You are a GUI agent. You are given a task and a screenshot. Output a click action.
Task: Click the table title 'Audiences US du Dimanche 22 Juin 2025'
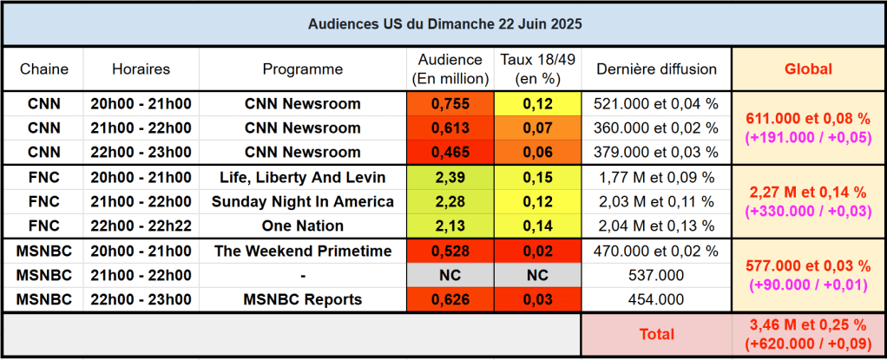[x=444, y=24]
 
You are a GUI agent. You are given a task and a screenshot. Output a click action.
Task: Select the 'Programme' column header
[x=303, y=69]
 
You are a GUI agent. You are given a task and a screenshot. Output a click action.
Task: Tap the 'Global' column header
[x=807, y=69]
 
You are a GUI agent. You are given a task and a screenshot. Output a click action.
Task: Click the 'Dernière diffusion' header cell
[x=655, y=69]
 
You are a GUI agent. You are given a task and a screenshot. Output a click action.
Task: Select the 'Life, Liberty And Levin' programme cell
[x=303, y=177]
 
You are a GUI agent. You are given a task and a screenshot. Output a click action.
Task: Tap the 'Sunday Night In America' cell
[x=303, y=202]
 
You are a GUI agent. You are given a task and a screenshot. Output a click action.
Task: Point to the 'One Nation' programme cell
[x=303, y=226]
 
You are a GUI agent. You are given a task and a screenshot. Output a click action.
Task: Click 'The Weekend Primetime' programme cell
[x=303, y=252]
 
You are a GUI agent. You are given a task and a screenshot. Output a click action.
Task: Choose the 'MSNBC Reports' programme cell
[x=303, y=300]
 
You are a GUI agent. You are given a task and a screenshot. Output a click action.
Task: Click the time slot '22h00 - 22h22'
[x=141, y=226]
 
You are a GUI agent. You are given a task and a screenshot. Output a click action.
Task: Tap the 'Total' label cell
[x=656, y=333]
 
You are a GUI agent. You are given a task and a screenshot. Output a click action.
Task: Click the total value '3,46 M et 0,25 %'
[x=807, y=325]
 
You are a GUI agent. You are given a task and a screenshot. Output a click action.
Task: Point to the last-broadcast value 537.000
[x=655, y=276]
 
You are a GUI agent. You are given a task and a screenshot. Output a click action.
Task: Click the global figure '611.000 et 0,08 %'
[x=807, y=118]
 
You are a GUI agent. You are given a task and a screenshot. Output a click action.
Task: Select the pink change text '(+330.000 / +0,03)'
[x=807, y=211]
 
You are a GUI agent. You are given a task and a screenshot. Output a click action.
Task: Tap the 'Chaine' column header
[x=43, y=69]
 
